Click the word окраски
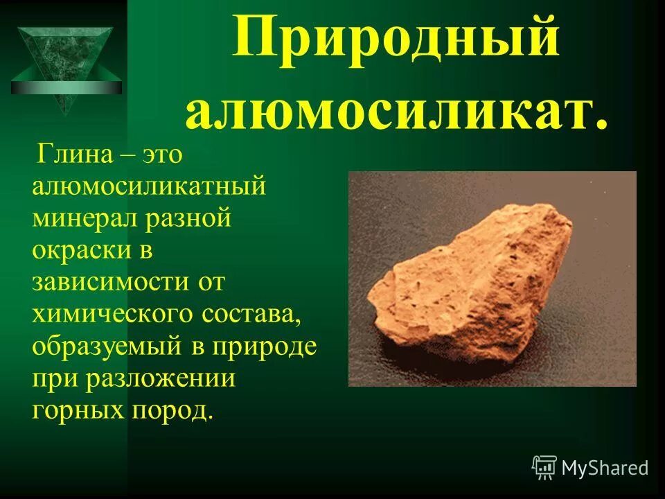[82, 251]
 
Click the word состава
[251, 315]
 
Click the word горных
[73, 410]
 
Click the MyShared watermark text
[605, 468]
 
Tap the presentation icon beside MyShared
[544, 468]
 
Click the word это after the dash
[162, 155]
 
